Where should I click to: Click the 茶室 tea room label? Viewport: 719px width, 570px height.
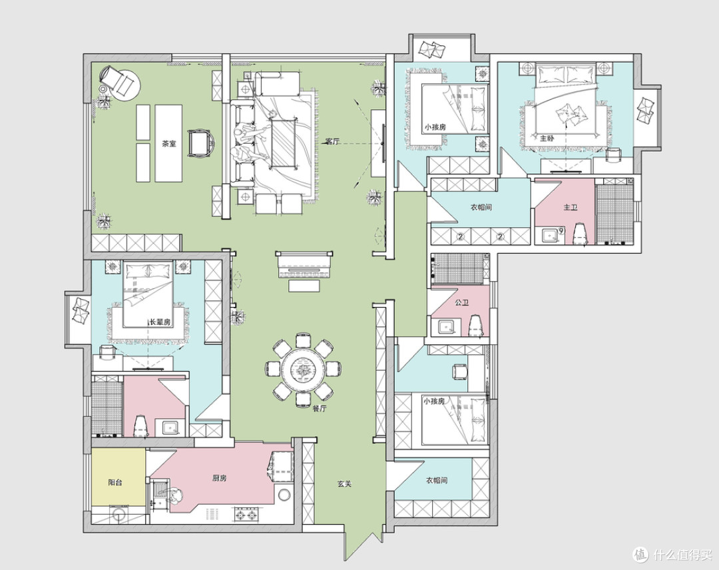(168, 144)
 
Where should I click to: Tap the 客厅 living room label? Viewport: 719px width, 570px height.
(332, 142)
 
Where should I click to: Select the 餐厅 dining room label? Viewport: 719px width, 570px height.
(319, 410)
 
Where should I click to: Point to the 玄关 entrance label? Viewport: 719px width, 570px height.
(344, 484)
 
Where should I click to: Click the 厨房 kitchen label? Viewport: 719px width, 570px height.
(219, 478)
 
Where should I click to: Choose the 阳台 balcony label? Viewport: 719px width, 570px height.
(115, 482)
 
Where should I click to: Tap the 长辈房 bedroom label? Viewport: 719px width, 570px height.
(160, 322)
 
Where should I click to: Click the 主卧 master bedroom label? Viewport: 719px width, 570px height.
(547, 138)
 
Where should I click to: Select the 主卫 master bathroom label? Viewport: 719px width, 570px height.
(570, 207)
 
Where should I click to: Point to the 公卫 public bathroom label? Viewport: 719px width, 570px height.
(461, 303)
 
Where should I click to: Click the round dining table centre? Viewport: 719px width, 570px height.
(303, 368)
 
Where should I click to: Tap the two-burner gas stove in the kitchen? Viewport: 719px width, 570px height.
(246, 515)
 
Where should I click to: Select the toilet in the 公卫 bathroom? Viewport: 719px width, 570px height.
(475, 326)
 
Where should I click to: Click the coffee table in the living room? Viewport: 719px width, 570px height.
(282, 142)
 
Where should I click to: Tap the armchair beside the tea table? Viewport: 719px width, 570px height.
(200, 144)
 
